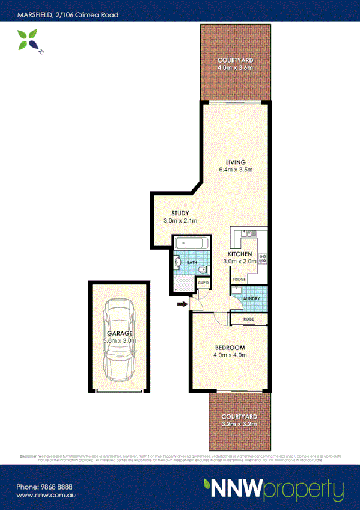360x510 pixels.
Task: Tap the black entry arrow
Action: coord(181,305)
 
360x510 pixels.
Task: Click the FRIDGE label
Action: coord(239,280)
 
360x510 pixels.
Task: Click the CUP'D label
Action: coord(203,283)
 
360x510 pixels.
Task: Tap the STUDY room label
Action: coord(180,214)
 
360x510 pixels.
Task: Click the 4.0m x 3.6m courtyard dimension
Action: coord(235,69)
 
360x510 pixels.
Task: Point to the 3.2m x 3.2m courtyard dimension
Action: coord(239,424)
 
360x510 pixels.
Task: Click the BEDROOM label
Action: coord(230,348)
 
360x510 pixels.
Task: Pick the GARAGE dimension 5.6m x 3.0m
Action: coord(120,340)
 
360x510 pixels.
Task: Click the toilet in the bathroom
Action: coord(203,269)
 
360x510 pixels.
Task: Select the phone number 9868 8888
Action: coord(53,487)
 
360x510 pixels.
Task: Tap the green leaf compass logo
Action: coord(28,42)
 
